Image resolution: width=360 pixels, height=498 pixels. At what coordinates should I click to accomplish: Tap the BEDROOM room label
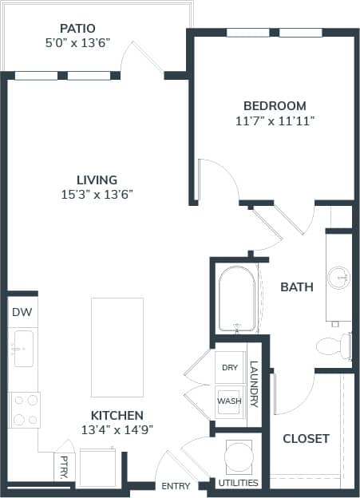click(x=275, y=105)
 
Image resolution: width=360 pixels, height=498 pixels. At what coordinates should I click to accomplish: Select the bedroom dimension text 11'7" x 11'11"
click(x=275, y=121)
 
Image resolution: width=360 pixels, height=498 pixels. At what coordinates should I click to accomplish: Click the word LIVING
click(x=96, y=180)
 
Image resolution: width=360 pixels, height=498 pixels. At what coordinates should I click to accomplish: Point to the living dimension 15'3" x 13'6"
click(x=96, y=196)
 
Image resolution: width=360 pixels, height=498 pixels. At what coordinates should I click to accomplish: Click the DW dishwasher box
click(x=22, y=313)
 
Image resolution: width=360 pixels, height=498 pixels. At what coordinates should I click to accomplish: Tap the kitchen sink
click(x=22, y=349)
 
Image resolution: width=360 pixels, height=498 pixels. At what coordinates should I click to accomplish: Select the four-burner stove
click(x=24, y=409)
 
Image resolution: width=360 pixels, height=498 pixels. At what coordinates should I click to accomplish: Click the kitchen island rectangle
click(x=117, y=347)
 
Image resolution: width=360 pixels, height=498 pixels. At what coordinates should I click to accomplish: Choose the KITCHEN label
click(x=117, y=415)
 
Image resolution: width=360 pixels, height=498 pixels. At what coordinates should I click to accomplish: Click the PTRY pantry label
click(x=63, y=467)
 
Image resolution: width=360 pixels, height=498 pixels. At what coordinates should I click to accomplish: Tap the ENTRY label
click(x=175, y=486)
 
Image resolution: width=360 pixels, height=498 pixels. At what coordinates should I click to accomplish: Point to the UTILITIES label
click(x=238, y=483)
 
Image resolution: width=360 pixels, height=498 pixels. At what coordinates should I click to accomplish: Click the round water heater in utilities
click(x=238, y=457)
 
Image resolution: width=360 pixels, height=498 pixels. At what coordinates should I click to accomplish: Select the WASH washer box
click(x=229, y=401)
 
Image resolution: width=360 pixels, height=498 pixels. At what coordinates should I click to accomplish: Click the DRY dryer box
click(x=229, y=368)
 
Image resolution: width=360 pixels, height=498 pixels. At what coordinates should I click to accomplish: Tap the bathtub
click(x=237, y=300)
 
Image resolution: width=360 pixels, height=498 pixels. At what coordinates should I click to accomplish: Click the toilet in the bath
click(x=334, y=346)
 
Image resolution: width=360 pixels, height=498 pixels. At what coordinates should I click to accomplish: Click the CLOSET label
click(x=306, y=438)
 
